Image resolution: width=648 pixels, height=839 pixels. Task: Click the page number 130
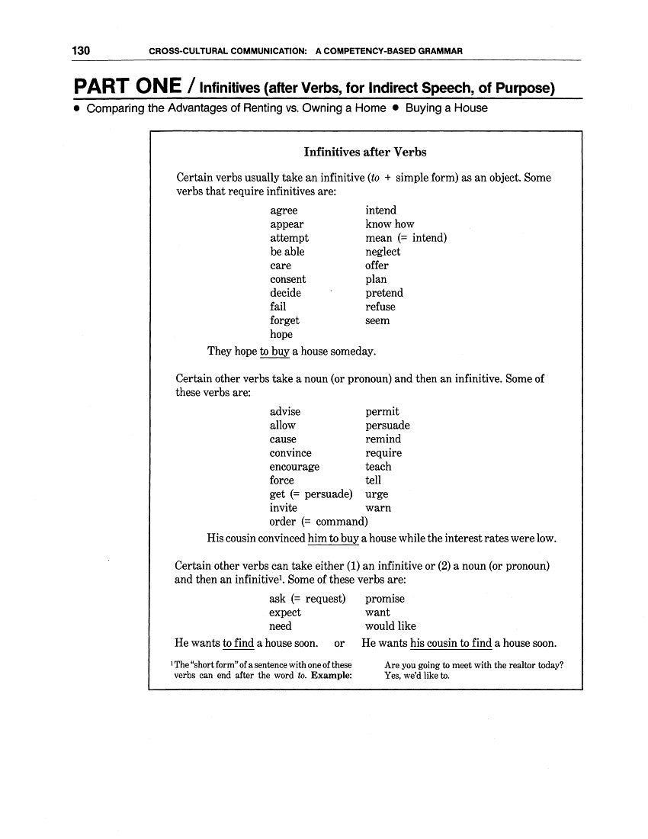82,51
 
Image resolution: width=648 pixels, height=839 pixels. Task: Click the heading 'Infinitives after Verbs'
365,152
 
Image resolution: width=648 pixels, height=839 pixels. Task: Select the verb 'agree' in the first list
284,211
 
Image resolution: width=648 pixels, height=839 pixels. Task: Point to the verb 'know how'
390,224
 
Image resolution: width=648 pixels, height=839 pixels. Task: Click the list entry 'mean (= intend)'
406,238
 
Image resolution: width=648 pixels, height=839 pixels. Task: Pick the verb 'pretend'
384,293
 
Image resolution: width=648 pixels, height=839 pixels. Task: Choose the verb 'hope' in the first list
281,334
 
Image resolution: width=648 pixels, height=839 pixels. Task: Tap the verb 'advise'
285,412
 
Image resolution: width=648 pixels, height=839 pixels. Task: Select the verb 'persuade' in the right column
387,426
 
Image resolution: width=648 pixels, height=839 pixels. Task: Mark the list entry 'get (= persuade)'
311,494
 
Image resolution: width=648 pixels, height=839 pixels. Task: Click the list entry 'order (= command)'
319,522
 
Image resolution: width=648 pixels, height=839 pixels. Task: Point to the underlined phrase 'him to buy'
333,538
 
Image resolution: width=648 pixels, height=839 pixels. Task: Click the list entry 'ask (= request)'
307,599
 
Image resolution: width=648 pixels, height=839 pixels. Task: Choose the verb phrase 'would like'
390,626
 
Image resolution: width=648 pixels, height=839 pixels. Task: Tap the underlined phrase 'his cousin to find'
451,644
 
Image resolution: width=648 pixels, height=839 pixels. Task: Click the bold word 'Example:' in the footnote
332,676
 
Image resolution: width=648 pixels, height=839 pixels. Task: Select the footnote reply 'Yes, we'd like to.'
417,676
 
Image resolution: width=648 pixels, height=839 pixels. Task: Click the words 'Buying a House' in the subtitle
446,108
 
